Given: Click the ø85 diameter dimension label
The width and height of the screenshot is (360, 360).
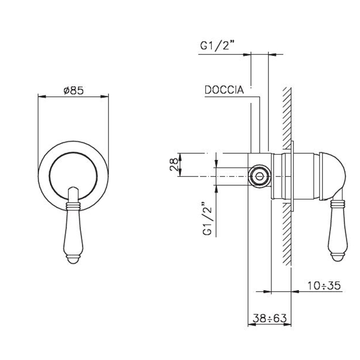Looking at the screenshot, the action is coord(74,90).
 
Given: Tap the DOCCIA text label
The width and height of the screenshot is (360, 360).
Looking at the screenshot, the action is coord(224,90).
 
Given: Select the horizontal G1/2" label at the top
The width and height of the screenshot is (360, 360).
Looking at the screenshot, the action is coord(215,45).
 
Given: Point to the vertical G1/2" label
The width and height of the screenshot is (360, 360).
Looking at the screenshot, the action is coord(208,219).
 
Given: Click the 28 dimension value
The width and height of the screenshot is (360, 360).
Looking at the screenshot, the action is coord(174,165).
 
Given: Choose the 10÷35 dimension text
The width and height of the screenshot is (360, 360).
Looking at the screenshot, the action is coord(324,285).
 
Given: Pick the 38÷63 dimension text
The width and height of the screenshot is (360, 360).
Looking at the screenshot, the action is coord(270,318).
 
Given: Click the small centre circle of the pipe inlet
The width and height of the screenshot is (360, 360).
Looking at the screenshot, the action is coord(260,176).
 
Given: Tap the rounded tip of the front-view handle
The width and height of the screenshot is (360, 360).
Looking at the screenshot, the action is coord(73,260).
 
